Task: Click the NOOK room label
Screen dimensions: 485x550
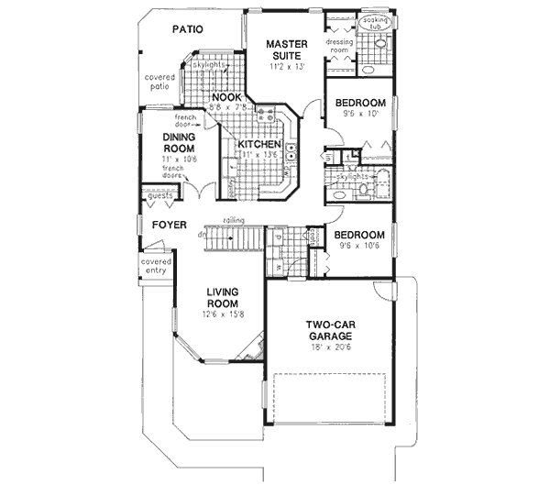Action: [x=225, y=97]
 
